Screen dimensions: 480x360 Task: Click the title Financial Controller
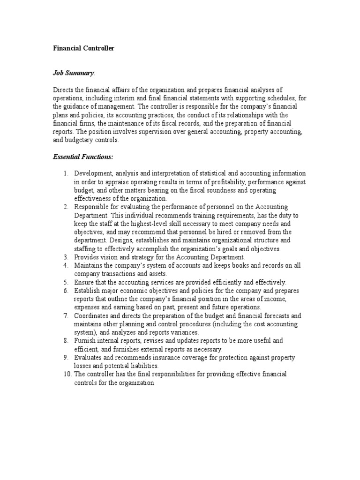coord(83,48)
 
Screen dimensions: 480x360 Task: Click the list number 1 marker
coord(66,174)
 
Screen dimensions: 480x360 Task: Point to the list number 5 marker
coord(66,282)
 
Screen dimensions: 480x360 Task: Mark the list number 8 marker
coord(66,340)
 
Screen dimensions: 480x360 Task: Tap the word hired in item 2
coord(231,232)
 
